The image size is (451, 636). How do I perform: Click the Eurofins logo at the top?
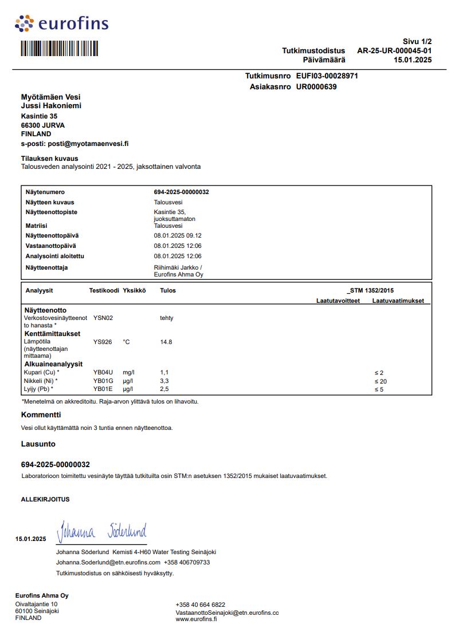(x=61, y=23)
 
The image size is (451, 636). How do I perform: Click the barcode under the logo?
(x=60, y=48)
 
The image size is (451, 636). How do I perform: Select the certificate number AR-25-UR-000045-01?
(x=394, y=50)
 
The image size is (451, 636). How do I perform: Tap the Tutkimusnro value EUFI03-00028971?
(x=327, y=76)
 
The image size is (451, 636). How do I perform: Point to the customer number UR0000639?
(x=316, y=87)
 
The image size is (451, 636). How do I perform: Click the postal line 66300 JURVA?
(x=43, y=125)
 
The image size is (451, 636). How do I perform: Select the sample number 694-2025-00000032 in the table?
(x=181, y=192)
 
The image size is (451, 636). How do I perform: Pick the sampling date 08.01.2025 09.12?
(x=178, y=235)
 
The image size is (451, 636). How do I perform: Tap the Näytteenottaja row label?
(x=50, y=267)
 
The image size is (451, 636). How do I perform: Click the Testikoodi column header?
(x=104, y=290)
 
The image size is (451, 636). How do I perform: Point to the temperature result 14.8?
(x=166, y=342)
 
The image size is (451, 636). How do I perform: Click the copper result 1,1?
(x=164, y=373)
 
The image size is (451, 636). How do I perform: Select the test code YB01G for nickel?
(x=103, y=381)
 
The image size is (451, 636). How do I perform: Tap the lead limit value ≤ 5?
(x=379, y=390)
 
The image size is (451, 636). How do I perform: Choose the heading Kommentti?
(x=41, y=415)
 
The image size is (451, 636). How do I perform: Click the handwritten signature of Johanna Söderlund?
(x=101, y=531)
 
